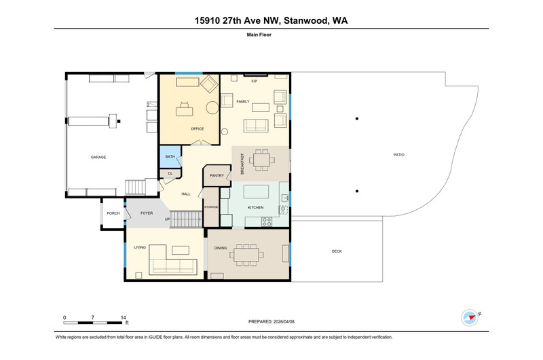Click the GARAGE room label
[x=98, y=158]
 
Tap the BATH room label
[x=170, y=157]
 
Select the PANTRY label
[x=217, y=176]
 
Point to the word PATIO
[x=399, y=155]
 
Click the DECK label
[x=337, y=251]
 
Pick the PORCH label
[x=113, y=213]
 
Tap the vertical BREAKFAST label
[x=242, y=164]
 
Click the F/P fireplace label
[x=254, y=81]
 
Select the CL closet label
[x=170, y=173]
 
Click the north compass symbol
[x=470, y=317]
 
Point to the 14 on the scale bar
[x=124, y=317]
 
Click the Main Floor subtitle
[x=259, y=35]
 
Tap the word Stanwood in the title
[x=306, y=21]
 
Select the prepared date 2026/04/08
[x=284, y=321]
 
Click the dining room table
[x=246, y=255]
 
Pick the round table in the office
[x=212, y=108]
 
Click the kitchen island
[x=257, y=192]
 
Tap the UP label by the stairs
[x=167, y=219]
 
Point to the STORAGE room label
[x=211, y=207]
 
